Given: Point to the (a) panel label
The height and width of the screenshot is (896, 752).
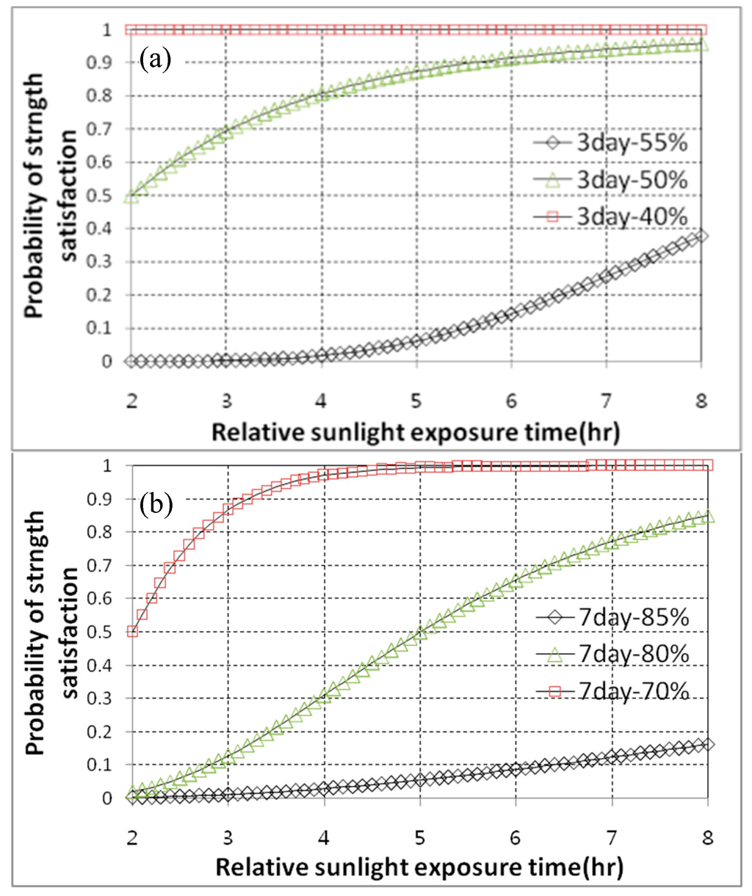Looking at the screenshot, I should (156, 58).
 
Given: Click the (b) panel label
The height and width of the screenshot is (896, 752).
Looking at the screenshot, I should (156, 503).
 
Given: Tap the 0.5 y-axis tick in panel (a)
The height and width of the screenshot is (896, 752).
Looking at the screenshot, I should (108, 196).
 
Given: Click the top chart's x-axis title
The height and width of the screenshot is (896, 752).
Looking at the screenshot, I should (416, 431).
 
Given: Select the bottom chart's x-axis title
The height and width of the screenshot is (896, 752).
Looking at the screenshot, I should (419, 867).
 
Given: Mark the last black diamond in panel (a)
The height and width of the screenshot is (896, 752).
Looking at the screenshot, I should (701, 236).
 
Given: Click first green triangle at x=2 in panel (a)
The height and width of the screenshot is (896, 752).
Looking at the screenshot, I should (132, 196).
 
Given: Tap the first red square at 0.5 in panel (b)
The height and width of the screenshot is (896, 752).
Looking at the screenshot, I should (133, 631).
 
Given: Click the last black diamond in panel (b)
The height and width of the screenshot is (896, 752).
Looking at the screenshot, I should (707, 745).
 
